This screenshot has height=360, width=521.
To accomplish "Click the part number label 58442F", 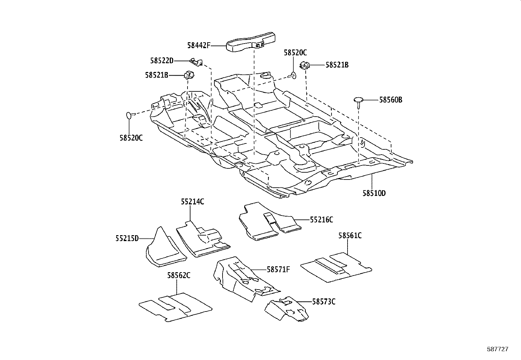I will [198, 45].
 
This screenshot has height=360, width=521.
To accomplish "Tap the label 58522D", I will [162, 61].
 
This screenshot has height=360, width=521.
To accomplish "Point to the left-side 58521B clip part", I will [189, 75].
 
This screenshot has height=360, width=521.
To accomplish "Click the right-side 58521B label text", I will [337, 65].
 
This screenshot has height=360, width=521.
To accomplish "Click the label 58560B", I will [390, 100].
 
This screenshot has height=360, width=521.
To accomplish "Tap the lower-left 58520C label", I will [131, 138].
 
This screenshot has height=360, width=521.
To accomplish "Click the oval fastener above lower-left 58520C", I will [129, 115].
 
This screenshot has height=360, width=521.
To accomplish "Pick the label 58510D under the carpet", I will [374, 193].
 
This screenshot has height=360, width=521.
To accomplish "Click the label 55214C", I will [192, 202].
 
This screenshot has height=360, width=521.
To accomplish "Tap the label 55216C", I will [321, 220].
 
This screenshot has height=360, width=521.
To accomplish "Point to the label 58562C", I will [179, 275].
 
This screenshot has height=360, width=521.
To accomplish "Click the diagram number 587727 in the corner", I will [497, 350].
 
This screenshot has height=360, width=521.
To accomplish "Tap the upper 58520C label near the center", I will [295, 53].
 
